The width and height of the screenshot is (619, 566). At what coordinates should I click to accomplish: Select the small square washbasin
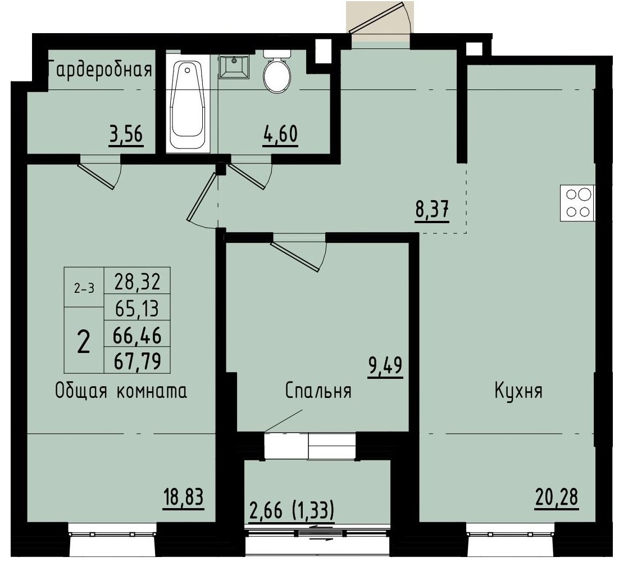[234, 67]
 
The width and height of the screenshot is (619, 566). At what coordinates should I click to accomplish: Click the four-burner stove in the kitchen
[579, 203]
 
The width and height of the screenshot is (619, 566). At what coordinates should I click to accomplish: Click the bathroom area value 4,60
[280, 135]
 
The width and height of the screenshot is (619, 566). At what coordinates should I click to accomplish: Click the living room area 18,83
[182, 498]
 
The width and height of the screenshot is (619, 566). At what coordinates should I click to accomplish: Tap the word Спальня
[318, 391]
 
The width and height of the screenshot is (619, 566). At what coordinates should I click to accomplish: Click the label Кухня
[518, 391]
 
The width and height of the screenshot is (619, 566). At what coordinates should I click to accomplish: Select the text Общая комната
[121, 391]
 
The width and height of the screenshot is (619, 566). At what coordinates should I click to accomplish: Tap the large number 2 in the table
[83, 341]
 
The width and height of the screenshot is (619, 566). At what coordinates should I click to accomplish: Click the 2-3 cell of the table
[84, 288]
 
